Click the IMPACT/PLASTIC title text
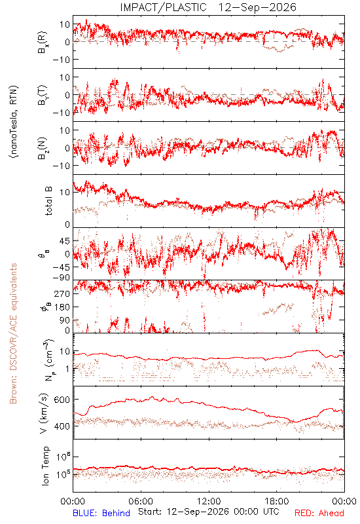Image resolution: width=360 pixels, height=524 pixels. (x=163, y=7)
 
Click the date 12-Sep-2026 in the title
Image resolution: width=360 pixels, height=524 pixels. (x=257, y=7)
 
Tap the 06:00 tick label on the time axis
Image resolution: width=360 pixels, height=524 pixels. (x=141, y=501)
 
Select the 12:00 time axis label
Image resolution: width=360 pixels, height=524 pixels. (x=209, y=501)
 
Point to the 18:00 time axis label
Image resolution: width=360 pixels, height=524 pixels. (x=277, y=501)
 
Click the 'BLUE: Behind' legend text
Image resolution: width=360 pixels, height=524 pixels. (x=101, y=513)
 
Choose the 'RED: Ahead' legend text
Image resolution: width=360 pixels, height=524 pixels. (x=319, y=513)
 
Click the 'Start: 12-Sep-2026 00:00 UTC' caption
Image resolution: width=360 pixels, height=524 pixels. (x=209, y=512)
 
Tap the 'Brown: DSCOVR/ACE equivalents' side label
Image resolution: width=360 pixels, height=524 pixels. (x=13, y=333)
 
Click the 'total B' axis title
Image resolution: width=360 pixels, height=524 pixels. (x=48, y=201)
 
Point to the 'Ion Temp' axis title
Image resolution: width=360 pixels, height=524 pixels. (x=45, y=466)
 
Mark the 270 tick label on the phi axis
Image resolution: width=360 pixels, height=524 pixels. (x=62, y=293)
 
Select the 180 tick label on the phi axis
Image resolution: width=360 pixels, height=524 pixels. (x=62, y=307)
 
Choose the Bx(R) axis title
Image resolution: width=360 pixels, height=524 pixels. (x=43, y=42)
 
